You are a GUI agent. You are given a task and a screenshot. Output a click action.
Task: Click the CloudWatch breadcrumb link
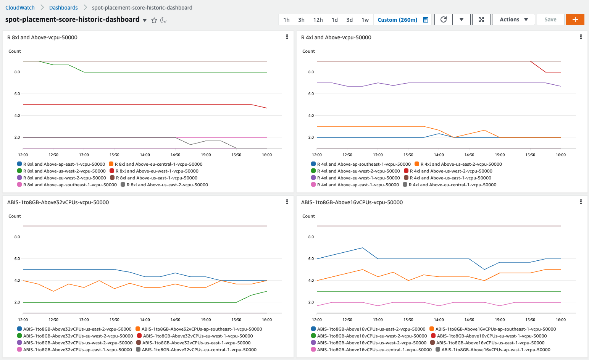click(20, 8)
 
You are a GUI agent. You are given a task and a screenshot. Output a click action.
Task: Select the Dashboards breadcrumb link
click(63, 8)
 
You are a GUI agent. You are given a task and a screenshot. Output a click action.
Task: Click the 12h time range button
click(318, 20)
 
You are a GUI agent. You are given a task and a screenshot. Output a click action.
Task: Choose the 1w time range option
click(365, 20)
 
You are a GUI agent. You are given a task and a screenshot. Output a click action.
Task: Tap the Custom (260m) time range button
click(397, 20)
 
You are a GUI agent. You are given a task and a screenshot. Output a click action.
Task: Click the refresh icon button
click(444, 19)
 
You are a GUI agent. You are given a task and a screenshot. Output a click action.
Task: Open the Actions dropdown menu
click(514, 19)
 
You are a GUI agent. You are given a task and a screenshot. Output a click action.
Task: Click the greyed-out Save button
click(550, 19)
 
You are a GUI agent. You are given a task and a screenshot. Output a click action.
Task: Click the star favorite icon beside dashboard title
click(154, 20)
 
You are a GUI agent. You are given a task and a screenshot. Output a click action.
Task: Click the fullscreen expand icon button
click(481, 19)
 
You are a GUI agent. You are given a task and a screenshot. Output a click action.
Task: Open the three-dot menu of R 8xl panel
click(287, 37)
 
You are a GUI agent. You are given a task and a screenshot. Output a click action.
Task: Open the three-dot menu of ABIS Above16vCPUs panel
click(581, 202)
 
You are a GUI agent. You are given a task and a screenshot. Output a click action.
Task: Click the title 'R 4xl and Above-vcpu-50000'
click(336, 37)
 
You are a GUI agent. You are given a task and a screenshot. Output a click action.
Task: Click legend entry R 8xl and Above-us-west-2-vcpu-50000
click(64, 171)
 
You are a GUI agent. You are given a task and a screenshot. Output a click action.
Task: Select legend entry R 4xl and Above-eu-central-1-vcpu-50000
click(452, 185)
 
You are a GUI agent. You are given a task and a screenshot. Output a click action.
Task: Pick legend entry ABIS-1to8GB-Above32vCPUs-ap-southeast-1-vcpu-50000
click(202, 329)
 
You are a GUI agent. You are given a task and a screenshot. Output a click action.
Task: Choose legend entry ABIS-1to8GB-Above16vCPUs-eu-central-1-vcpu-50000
click(374, 350)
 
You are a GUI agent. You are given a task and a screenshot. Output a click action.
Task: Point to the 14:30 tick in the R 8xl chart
click(175, 155)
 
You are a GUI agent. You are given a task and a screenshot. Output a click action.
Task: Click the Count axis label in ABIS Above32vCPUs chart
click(15, 216)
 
